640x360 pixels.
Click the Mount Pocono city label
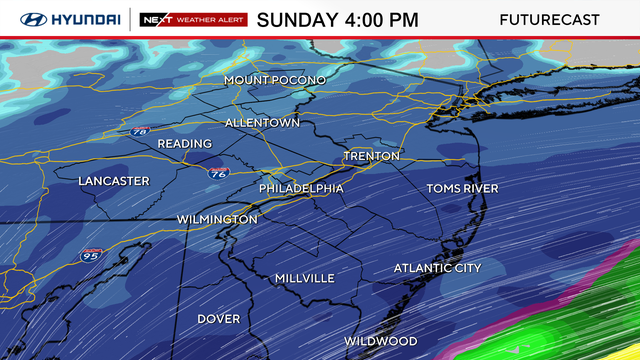(274, 80)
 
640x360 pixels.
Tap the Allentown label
(262, 122)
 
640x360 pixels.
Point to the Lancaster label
(114, 181)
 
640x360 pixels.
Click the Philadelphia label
(301, 188)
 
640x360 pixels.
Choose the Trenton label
(371, 156)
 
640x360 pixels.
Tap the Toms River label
(462, 188)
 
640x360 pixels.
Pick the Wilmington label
(217, 219)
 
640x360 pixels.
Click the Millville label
(304, 278)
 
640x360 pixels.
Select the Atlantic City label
(437, 268)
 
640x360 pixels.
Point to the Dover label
(218, 319)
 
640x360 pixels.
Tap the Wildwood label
(380, 341)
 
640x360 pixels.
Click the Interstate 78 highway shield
(140, 131)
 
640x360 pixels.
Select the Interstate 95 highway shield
(91, 256)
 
